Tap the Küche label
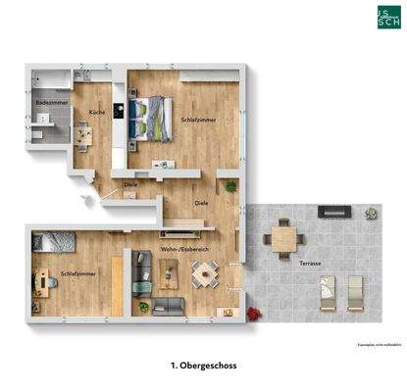pyautogui.click(x=97, y=113)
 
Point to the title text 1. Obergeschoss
pyautogui.click(x=203, y=365)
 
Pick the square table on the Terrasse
pyautogui.click(x=285, y=235)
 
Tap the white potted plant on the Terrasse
pyautogui.click(x=370, y=212)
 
